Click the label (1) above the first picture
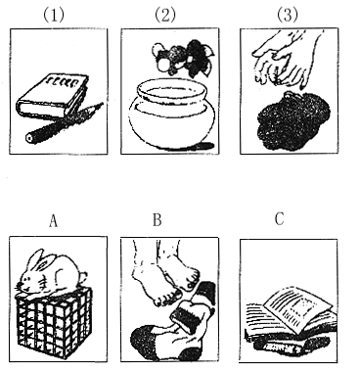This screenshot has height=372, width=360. (54, 15)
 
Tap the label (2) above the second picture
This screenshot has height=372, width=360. (165, 15)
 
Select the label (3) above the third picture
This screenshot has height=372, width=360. (288, 15)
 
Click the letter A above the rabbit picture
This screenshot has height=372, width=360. (53, 220)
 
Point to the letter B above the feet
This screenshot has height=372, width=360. (157, 220)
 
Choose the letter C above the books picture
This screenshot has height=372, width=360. (279, 218)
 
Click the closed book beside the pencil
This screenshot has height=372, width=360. (53, 95)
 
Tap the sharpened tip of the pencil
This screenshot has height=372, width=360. (102, 104)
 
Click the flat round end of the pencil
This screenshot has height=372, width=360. (30, 138)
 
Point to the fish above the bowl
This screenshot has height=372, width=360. (184, 59)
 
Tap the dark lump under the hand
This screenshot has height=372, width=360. (292, 121)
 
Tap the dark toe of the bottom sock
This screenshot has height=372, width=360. (143, 340)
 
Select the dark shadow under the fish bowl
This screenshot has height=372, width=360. (204, 146)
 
